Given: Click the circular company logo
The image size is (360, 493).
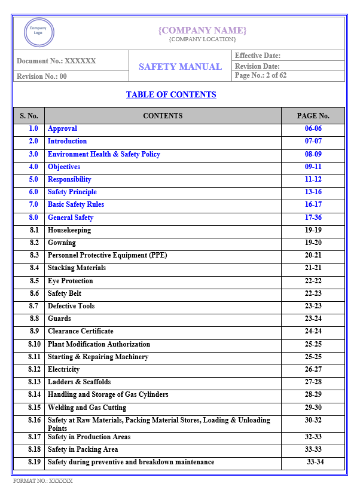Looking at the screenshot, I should click(39, 32).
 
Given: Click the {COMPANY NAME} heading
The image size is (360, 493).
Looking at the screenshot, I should click(202, 30).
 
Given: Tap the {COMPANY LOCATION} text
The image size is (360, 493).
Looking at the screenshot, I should click(202, 39).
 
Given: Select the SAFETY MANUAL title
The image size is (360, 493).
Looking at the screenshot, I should click(180, 66).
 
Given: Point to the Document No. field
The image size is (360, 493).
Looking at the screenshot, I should click(56, 61).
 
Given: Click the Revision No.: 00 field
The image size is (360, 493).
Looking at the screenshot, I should click(42, 76).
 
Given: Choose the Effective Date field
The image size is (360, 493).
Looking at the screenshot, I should click(258, 56).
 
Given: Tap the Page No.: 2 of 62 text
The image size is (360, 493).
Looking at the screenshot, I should click(261, 76).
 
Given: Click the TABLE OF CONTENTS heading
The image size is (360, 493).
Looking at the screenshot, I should click(171, 94).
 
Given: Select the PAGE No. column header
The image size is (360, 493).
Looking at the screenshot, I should click(313, 116).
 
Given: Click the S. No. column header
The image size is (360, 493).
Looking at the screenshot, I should click(29, 116).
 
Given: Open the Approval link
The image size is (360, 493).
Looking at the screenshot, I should click(62, 128).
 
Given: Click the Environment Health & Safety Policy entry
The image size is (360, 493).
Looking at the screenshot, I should click(104, 154).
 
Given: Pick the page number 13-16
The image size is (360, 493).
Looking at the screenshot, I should click(313, 192).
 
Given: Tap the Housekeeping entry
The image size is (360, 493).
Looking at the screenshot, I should click(69, 230).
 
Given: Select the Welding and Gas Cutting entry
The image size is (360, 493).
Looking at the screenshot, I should click(87, 408).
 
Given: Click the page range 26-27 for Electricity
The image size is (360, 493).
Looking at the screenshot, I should click(313, 369).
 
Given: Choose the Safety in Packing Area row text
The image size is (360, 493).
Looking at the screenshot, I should click(83, 449).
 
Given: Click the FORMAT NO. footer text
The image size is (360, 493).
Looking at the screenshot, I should click(43, 480).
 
